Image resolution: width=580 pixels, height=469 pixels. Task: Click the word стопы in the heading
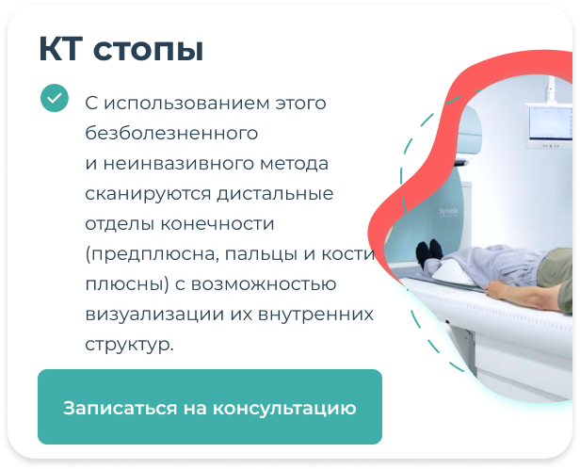[x=148, y=50]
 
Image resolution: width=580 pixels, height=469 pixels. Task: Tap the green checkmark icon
[x=55, y=98]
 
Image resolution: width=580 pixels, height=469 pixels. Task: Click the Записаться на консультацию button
[x=210, y=407]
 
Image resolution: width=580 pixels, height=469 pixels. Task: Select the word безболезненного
[x=171, y=133]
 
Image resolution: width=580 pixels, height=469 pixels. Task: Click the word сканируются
[x=148, y=194]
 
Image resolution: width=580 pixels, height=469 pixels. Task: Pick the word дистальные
[x=275, y=194]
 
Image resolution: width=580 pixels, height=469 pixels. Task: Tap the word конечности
[x=217, y=224]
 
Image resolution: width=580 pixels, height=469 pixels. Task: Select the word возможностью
[x=264, y=284]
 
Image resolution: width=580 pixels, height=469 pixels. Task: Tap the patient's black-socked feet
[x=428, y=252]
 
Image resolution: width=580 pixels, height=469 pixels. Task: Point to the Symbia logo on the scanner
[x=449, y=212]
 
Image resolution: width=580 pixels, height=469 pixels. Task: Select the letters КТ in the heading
[x=60, y=49]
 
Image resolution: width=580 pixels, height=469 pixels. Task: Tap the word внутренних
[x=315, y=315]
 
